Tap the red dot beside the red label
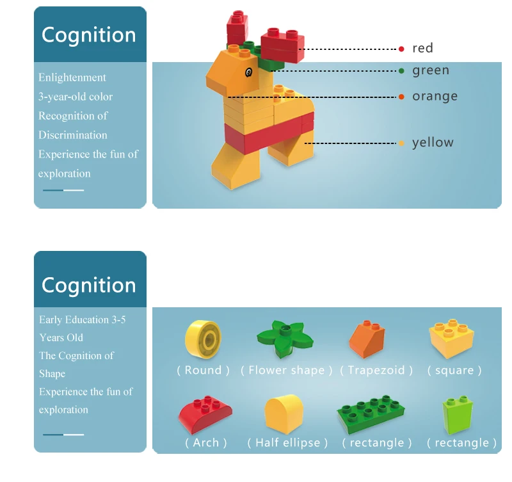pyautogui.click(x=401, y=49)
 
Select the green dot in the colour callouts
pyautogui.click(x=401, y=71)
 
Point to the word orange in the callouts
pyautogui.click(x=435, y=97)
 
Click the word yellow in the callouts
pyautogui.click(x=433, y=143)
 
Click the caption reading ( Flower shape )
pyautogui.click(x=286, y=371)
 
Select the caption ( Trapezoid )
pyautogui.click(x=376, y=371)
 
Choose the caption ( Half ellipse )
pyautogui.click(x=287, y=443)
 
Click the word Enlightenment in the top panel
pyautogui.click(x=72, y=77)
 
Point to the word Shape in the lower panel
pyautogui.click(x=52, y=374)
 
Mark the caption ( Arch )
pyautogui.click(x=205, y=443)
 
